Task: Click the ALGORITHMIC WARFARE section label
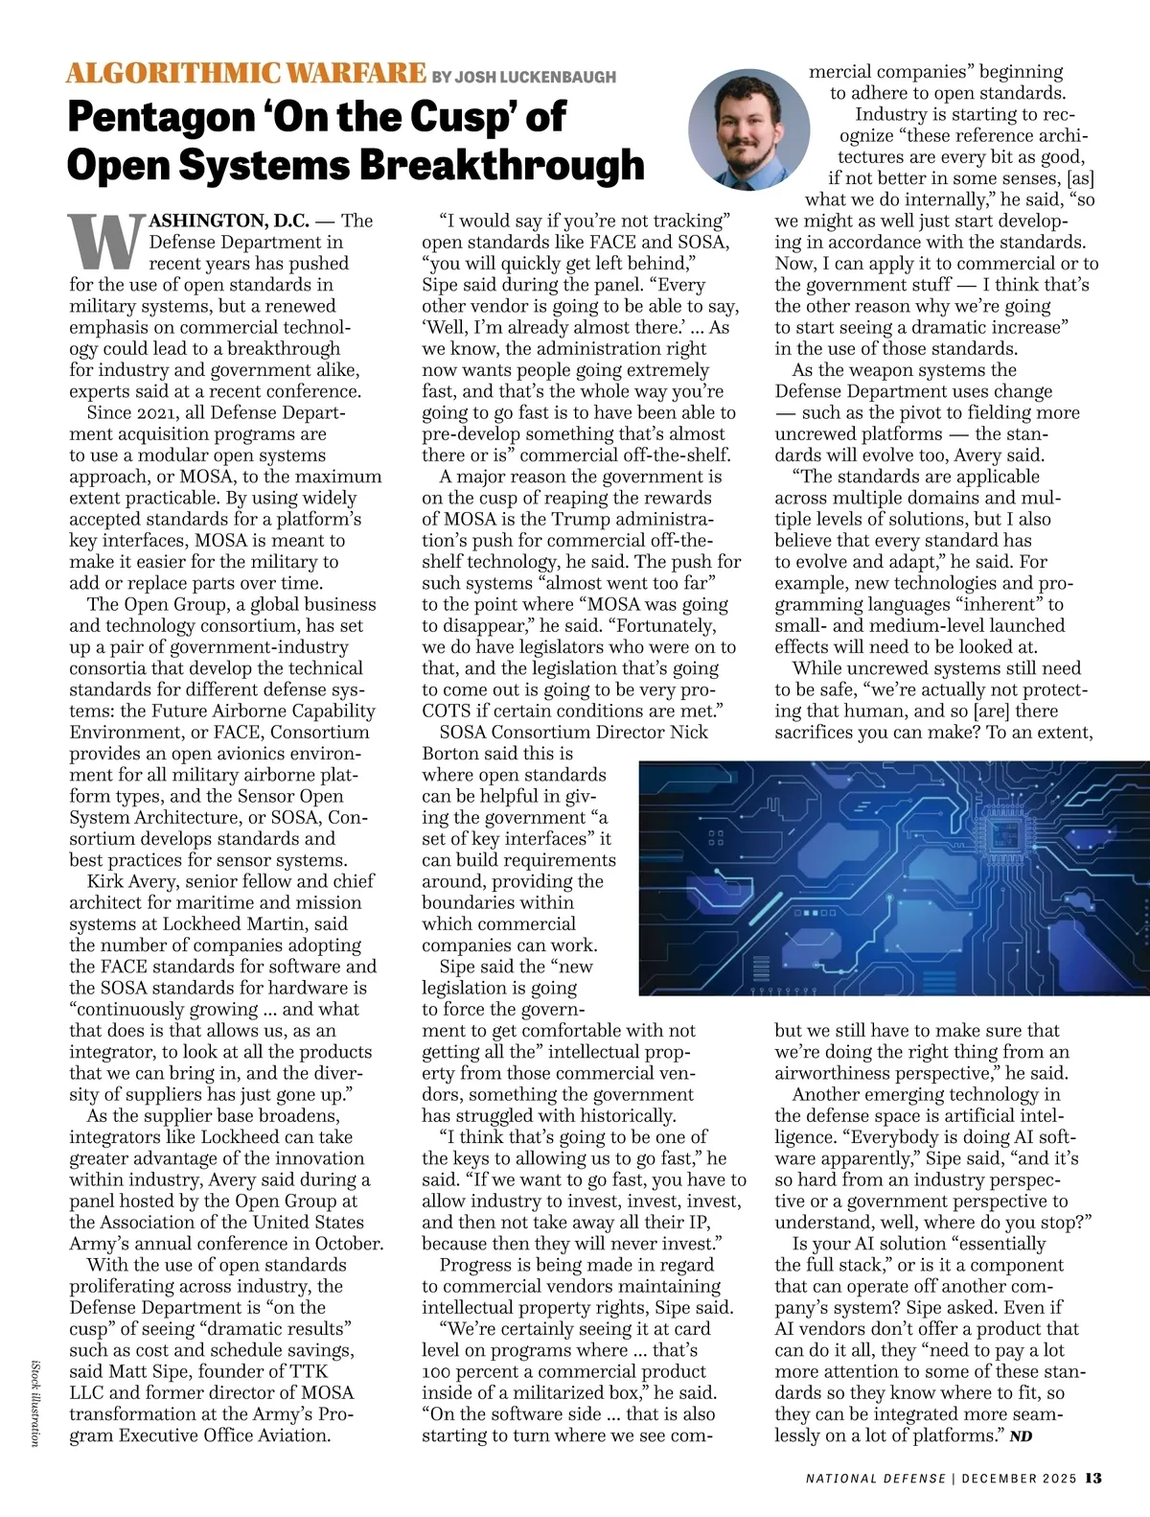point(246,73)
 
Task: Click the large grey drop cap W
point(105,242)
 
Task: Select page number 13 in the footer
point(1094,1478)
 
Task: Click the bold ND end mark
point(1021,1436)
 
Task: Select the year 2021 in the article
point(162,413)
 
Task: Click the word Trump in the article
point(592,519)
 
